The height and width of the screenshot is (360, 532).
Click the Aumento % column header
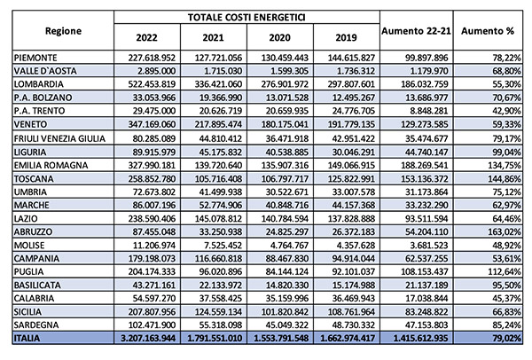(484, 31)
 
